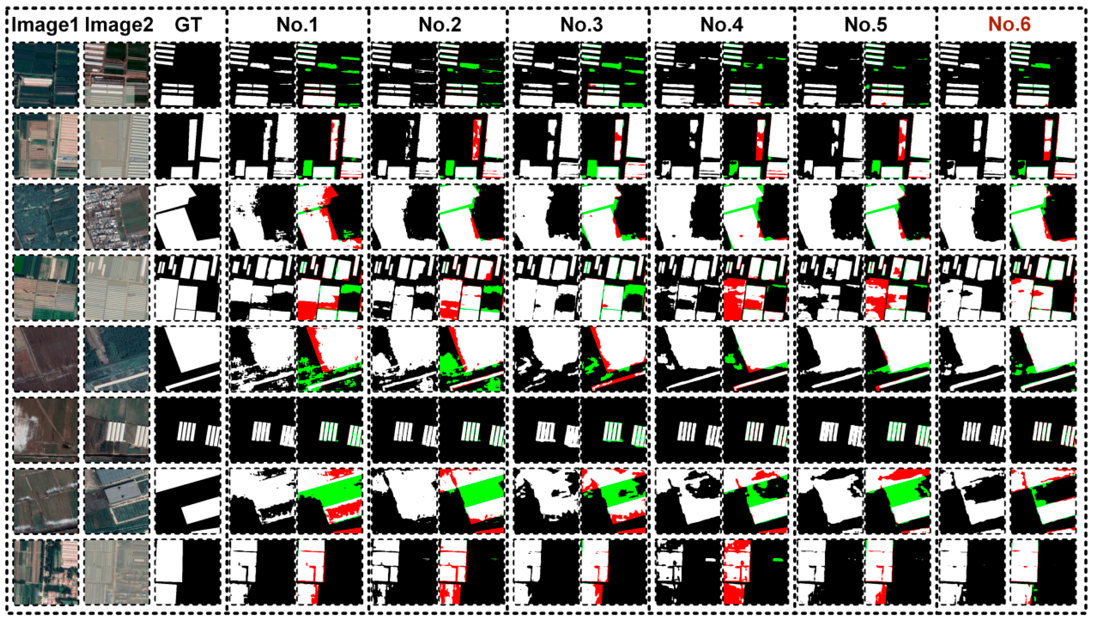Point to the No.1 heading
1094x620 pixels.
pyautogui.click(x=297, y=25)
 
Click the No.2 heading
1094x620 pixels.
pyautogui.click(x=440, y=25)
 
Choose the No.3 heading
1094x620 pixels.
pyautogui.click(x=581, y=25)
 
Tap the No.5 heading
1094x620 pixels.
pyautogui.click(x=865, y=25)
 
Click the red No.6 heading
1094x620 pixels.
pyautogui.click(x=1009, y=24)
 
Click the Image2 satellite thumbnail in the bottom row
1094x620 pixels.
pyautogui.click(x=117, y=572)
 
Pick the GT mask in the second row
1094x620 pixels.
pyautogui.click(x=188, y=146)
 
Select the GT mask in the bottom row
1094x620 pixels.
pyautogui.click(x=188, y=572)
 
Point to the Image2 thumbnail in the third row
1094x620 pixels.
pyautogui.click(x=117, y=217)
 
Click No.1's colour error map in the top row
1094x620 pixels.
pyautogui.click(x=330, y=75)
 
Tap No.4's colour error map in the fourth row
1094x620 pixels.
pyautogui.click(x=756, y=288)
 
